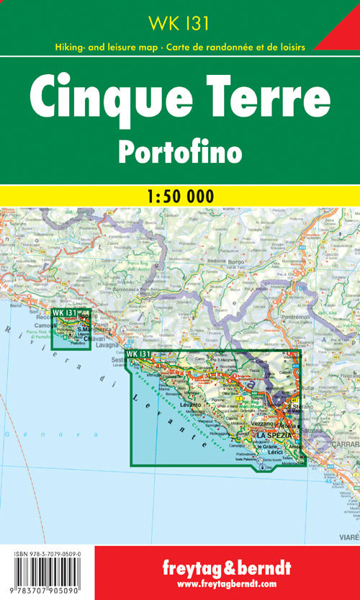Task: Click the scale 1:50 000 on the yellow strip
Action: click(x=179, y=195)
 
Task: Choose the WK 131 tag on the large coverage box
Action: click(x=138, y=354)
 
